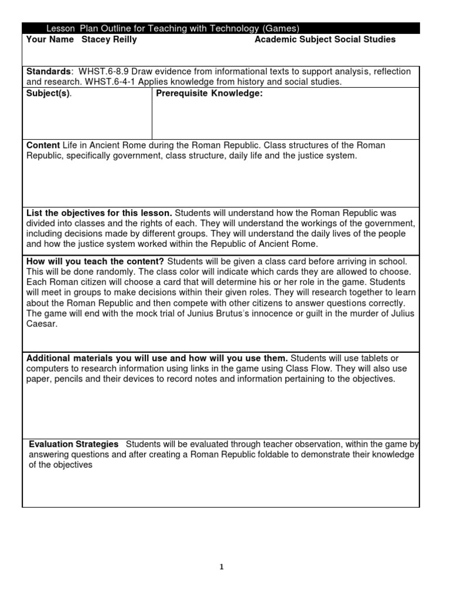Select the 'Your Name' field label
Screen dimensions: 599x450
50,39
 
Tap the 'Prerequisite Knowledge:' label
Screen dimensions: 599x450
208,94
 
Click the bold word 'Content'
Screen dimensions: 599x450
43,145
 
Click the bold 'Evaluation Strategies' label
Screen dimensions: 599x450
74,445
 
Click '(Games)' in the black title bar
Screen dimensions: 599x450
281,28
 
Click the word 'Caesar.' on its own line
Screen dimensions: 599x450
41,324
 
